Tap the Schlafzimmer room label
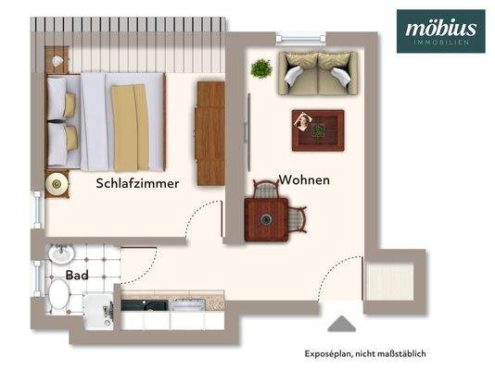137,183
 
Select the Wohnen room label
304,179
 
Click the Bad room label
77,276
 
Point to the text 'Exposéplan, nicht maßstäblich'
365,353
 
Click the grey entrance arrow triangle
341,324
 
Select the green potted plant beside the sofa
261,68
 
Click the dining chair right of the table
297,220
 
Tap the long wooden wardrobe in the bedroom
210,132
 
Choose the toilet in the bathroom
57,295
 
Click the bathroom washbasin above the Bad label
60,253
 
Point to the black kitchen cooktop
145,304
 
